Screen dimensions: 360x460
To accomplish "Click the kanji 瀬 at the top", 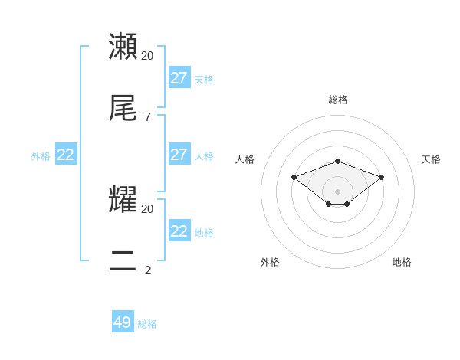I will point(123,47).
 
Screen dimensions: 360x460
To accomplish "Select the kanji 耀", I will point(123,200).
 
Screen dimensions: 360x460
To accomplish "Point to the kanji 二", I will point(123,261).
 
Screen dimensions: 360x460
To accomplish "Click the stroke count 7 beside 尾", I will point(148,117).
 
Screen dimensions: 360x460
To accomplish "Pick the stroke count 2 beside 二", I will point(148,270).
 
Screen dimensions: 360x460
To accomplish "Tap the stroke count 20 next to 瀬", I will point(148,56).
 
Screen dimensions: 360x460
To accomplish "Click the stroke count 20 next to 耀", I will point(148,208).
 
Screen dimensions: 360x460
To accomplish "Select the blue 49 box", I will point(123,322).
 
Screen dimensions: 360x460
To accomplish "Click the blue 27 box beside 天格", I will point(179,78).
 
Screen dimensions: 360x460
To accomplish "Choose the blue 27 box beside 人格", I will point(179,155).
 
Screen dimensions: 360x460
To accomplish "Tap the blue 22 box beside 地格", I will point(179,231).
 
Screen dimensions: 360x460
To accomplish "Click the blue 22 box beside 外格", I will point(66,155).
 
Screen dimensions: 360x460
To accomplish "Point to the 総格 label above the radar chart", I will point(338,100).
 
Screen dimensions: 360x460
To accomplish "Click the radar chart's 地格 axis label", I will point(402,262).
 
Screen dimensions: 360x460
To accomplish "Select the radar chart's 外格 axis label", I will point(270,262).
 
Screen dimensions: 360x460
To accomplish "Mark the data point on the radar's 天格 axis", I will point(382,177).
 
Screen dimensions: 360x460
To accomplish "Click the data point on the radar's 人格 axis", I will point(294,177).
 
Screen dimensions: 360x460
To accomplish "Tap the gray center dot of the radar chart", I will point(338,191).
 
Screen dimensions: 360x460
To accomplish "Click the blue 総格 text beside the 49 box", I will point(147,324).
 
